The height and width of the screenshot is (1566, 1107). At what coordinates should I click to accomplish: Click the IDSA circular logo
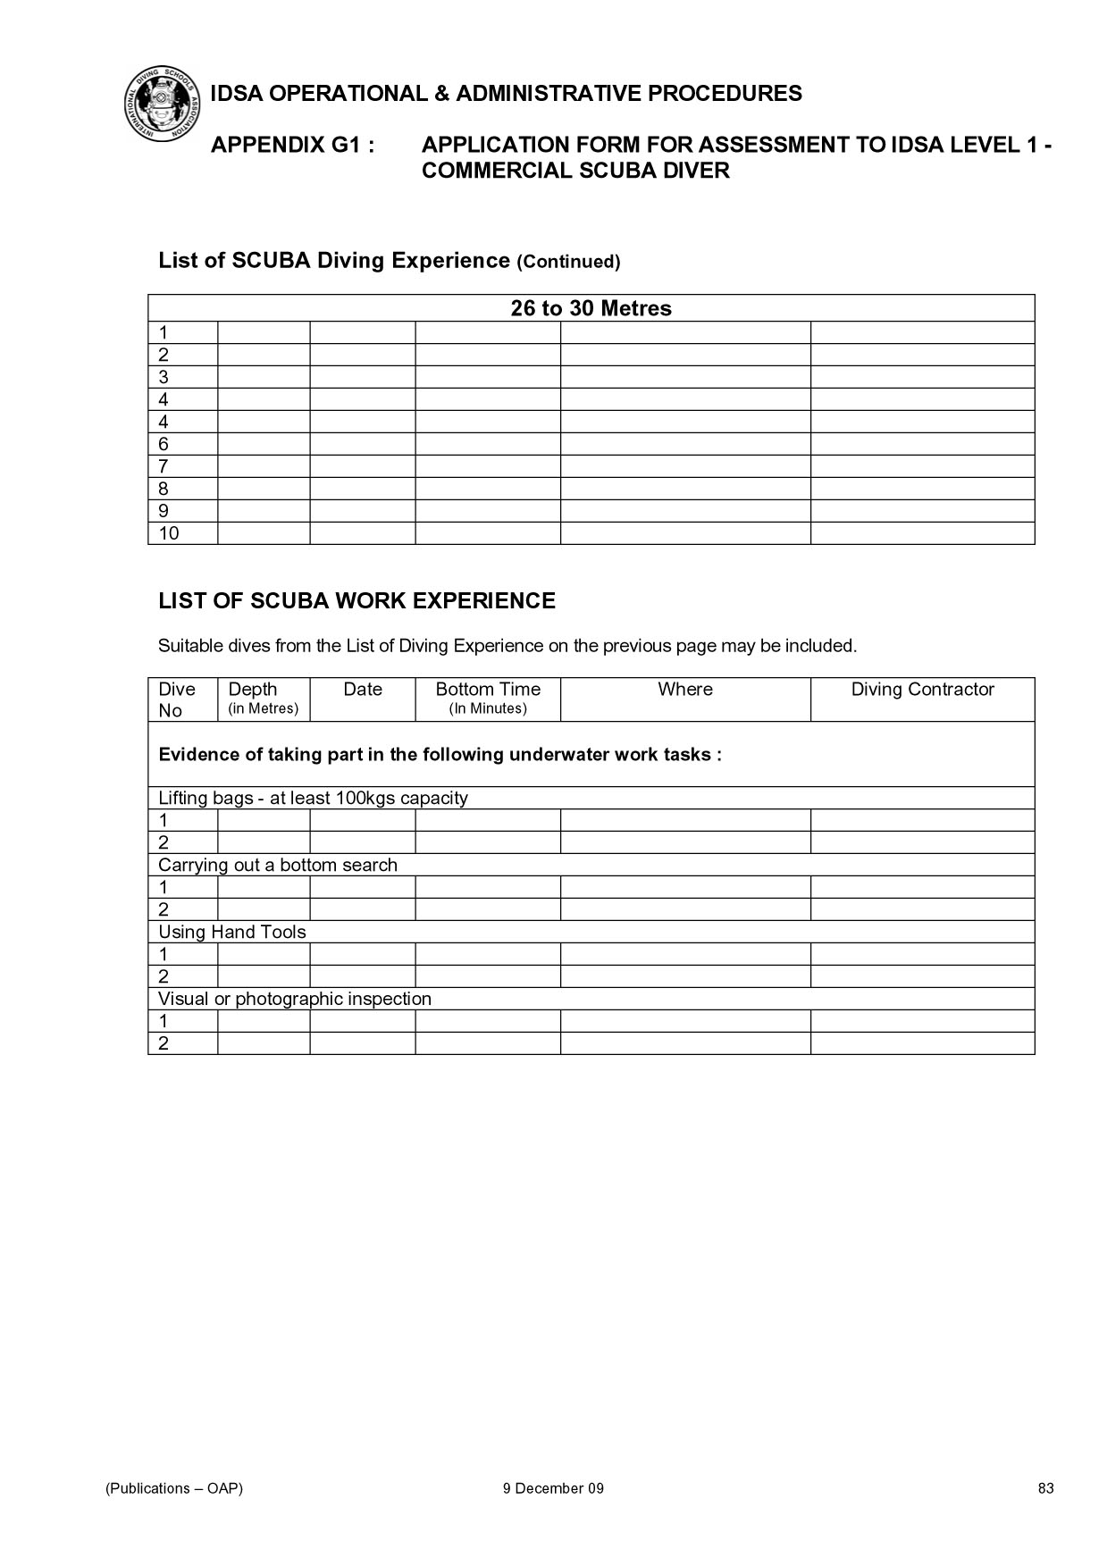162,104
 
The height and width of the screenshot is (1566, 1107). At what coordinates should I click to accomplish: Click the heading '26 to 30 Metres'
591,308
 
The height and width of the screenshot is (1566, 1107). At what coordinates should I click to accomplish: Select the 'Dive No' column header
176,699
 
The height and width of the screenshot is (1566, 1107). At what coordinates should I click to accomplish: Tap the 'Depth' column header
253,690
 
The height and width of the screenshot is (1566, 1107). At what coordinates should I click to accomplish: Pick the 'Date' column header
362,690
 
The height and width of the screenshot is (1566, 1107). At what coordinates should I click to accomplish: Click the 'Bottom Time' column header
488,690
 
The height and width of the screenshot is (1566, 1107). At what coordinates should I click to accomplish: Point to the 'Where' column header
685,690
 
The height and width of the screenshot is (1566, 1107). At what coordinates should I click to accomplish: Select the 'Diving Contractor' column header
922,690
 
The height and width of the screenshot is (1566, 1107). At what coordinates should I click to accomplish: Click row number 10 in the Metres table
169,533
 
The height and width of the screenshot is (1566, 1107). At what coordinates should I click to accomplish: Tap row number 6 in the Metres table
164,444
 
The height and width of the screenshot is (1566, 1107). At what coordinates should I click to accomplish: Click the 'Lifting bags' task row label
313,798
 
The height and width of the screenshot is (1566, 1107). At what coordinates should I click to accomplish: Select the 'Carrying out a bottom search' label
278,865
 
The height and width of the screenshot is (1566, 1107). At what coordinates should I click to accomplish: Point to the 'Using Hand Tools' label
232,932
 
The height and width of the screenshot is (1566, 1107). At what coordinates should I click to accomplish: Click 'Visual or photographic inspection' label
295,999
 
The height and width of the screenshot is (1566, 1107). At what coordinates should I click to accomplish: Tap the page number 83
1045,1488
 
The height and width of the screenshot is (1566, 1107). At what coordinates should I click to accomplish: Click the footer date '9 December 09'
553,1488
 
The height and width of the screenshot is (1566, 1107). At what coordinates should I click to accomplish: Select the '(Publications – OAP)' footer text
174,1488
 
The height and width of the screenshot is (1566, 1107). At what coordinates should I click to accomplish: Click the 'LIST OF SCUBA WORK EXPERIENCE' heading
356,600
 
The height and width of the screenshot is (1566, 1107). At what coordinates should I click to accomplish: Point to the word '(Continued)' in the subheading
568,262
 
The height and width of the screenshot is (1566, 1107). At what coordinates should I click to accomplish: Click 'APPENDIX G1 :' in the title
292,145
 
